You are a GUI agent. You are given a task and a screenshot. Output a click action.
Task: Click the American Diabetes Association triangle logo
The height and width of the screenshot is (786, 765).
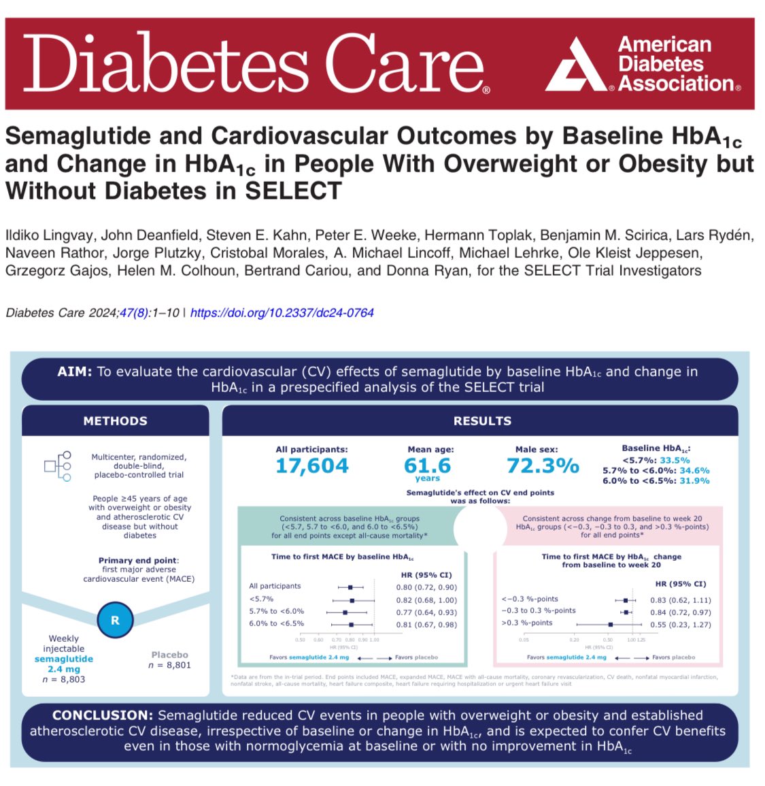pos(577,67)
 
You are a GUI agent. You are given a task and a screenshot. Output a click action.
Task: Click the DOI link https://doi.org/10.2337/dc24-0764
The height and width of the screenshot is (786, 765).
pos(282,313)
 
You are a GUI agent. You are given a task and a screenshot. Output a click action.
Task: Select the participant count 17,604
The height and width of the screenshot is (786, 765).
pos(312,466)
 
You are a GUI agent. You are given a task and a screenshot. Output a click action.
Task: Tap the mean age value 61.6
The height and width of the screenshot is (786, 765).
pos(427,465)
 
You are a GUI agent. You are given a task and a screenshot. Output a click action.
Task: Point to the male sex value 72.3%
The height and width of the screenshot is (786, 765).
pos(543,465)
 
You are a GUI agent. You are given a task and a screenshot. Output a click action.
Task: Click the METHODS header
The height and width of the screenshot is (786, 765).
pos(115,421)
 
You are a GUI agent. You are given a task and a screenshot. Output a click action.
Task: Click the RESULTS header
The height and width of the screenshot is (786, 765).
pos(482,421)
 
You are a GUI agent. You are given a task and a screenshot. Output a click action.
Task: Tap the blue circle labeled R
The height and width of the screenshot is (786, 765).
pos(115,620)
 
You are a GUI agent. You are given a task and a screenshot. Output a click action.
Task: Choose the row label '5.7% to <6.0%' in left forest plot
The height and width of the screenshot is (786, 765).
pos(276,612)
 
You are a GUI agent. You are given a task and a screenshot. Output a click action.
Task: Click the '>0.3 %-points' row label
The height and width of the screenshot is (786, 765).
pos(527,623)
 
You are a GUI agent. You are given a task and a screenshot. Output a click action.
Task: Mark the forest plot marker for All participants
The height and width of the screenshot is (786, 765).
pos(350,587)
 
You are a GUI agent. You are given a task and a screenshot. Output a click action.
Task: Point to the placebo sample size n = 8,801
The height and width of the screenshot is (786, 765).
pos(169,665)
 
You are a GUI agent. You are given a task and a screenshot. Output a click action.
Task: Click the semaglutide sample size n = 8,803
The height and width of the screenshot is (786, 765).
pos(63,679)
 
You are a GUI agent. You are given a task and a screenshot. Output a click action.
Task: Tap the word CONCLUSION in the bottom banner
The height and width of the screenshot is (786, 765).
pos(102,715)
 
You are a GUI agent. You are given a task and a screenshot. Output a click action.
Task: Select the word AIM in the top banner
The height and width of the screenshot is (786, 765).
pos(75,372)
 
